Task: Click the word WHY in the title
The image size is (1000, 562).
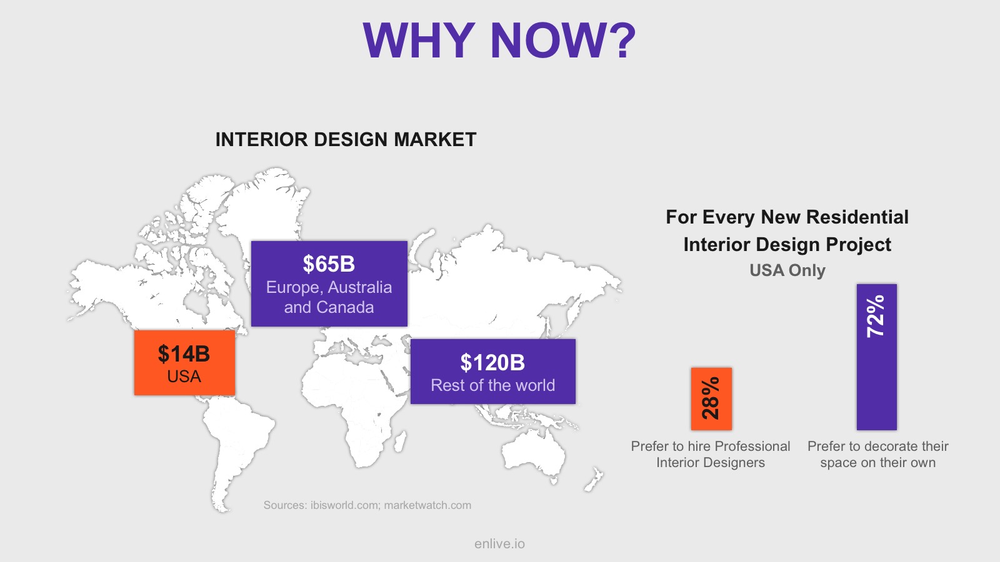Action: click(x=419, y=41)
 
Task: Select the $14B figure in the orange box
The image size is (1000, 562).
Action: click(x=184, y=353)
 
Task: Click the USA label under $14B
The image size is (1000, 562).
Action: click(x=184, y=377)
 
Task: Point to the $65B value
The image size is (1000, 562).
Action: click(x=329, y=264)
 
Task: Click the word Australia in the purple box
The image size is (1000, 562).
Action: click(x=360, y=287)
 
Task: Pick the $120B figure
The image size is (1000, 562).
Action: click(x=492, y=363)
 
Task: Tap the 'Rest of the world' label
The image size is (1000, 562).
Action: click(x=493, y=385)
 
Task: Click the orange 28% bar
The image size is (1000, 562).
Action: click(x=711, y=399)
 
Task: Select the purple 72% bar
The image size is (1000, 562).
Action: click(x=876, y=357)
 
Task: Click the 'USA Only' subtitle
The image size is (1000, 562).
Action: click(x=787, y=270)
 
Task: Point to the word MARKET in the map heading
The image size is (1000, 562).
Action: click(x=435, y=140)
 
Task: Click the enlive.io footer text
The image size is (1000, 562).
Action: click(x=499, y=544)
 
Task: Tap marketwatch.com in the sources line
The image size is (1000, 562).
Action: click(x=427, y=505)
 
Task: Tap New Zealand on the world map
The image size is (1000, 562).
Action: click(x=594, y=480)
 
